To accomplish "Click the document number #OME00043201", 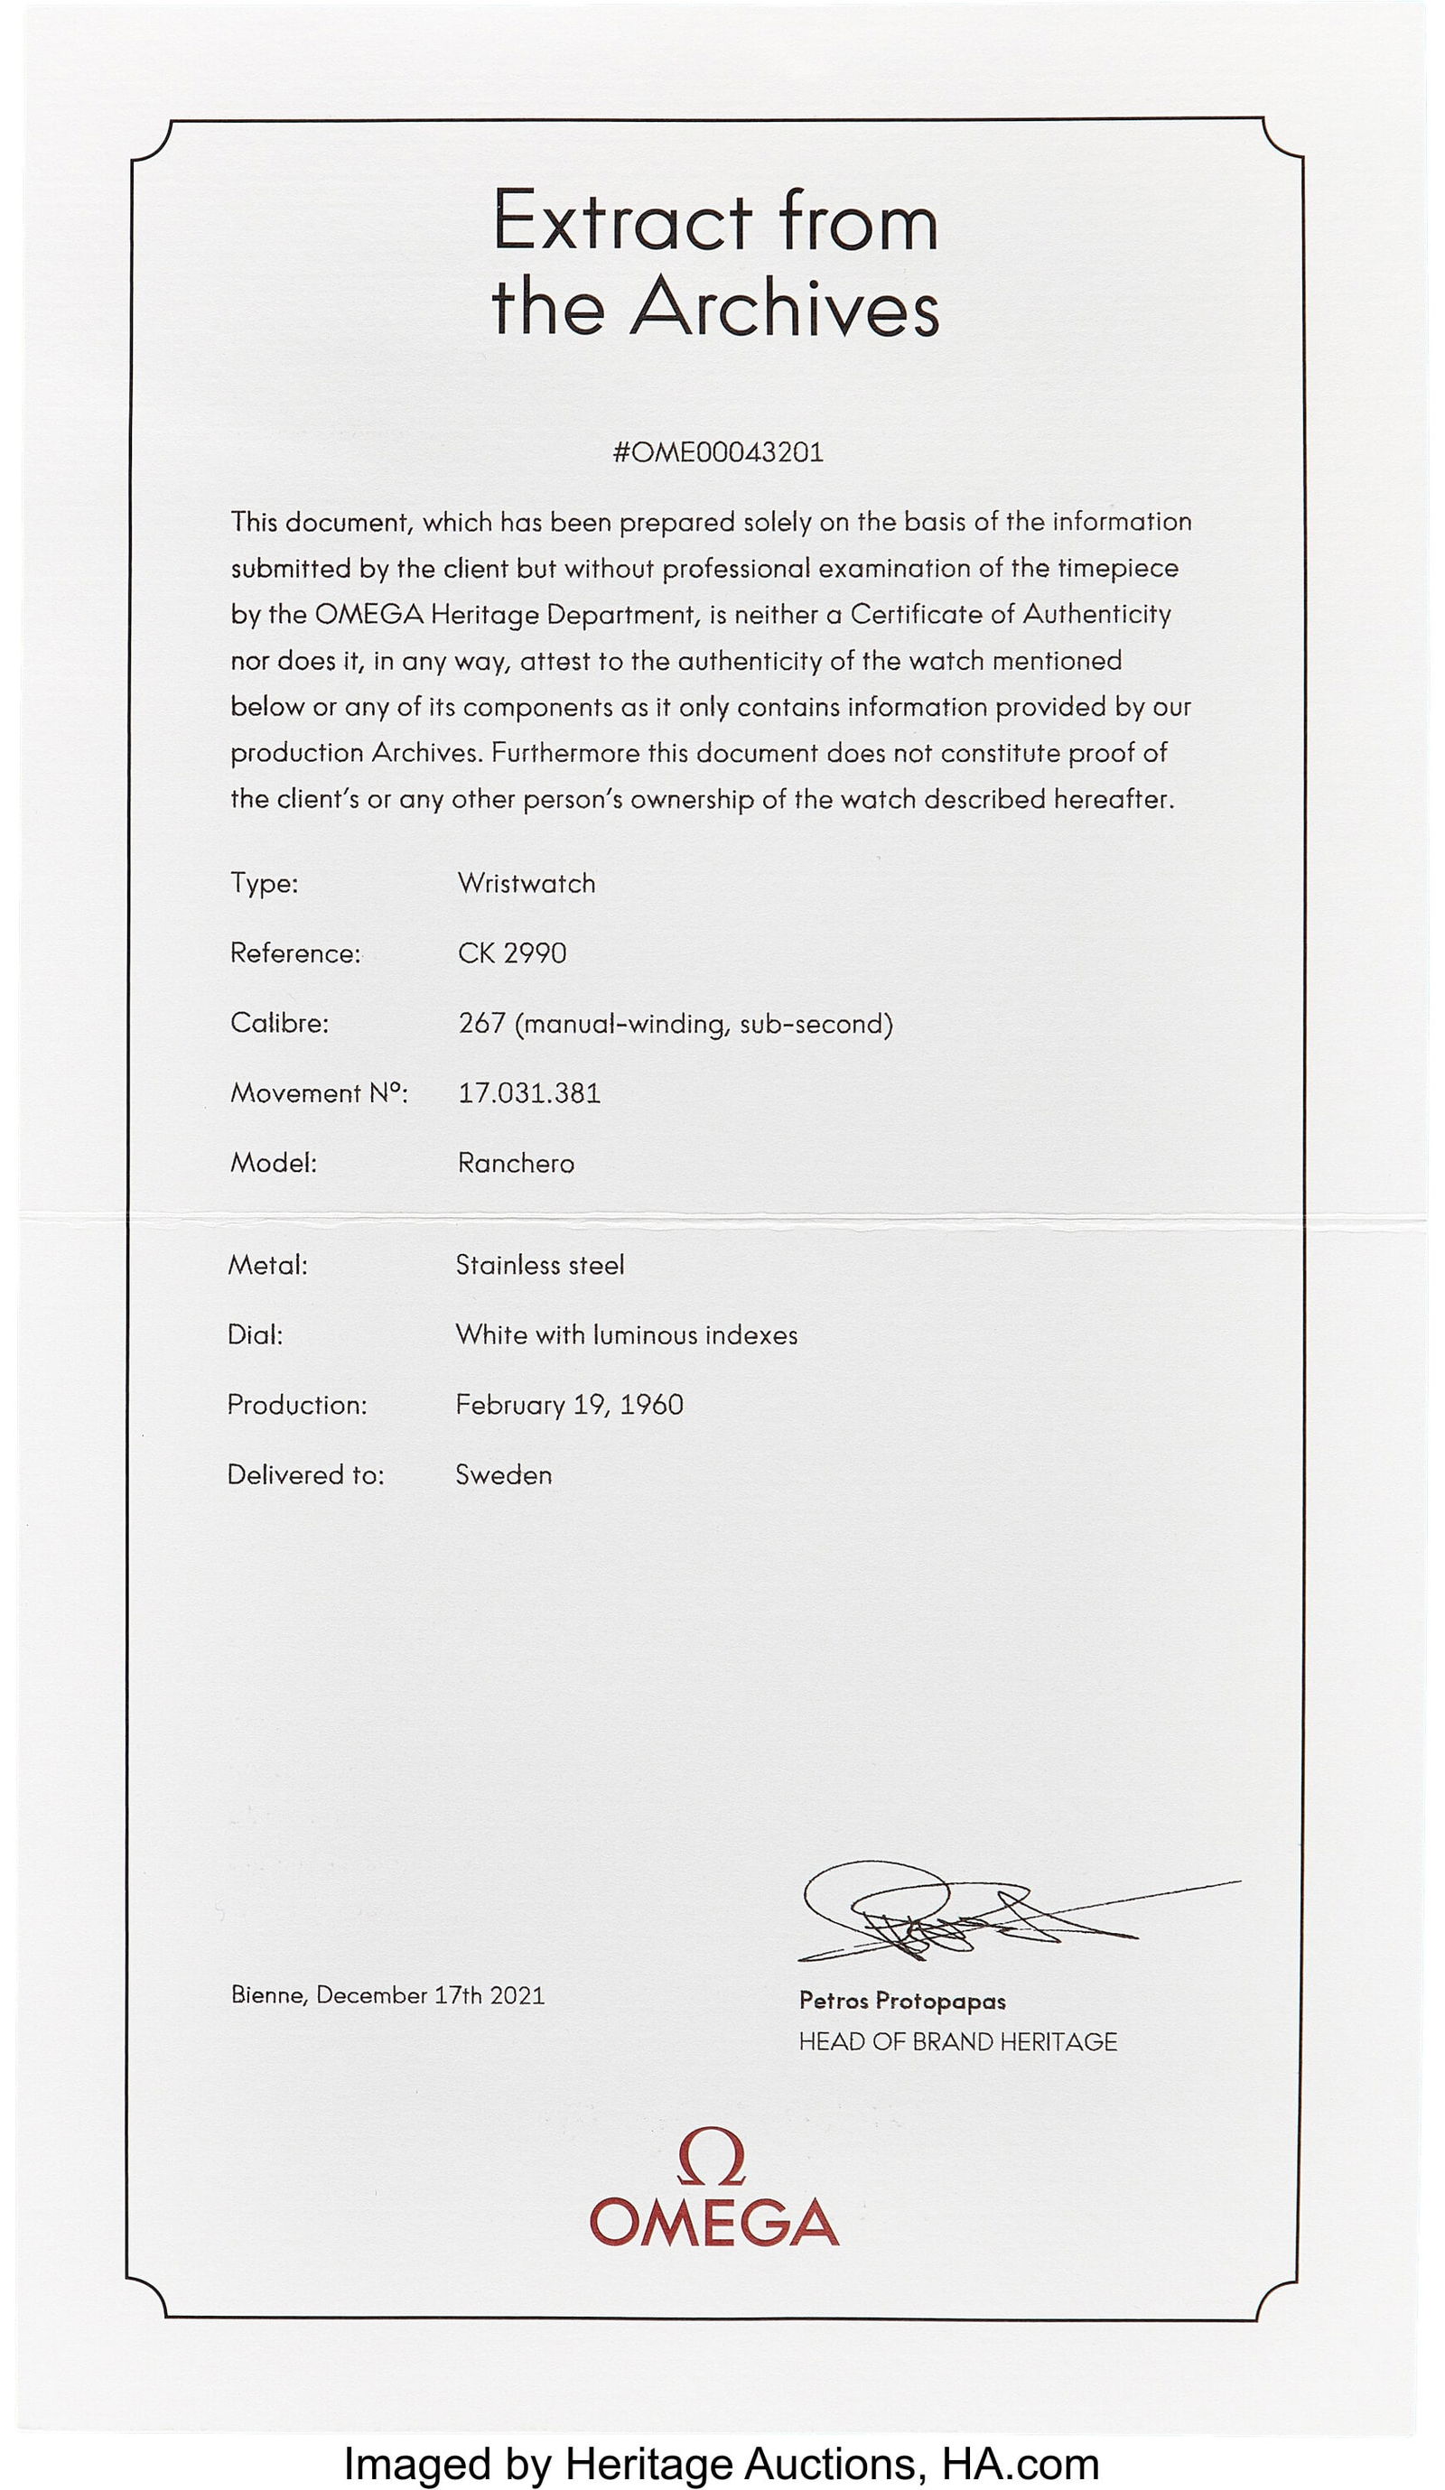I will tap(718, 452).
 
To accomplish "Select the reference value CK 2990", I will tap(512, 953).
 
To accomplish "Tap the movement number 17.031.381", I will tap(528, 1092).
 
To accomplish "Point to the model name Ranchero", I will tap(515, 1163).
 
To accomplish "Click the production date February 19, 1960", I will tap(568, 1404).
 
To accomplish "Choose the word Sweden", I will tap(503, 1474).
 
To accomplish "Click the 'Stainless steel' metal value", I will tap(540, 1265).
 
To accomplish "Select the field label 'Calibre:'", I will tap(279, 1024).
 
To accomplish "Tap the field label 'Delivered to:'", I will tap(305, 1474).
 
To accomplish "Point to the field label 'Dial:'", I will tap(255, 1335).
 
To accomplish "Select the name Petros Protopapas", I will tap(902, 2001).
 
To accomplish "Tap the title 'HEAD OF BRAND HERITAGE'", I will tap(957, 2041).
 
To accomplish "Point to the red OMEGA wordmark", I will tap(713, 2222).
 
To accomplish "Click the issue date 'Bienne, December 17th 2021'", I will tap(387, 1995).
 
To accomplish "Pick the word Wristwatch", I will tap(526, 883).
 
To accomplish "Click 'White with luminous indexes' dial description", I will tap(626, 1335).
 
